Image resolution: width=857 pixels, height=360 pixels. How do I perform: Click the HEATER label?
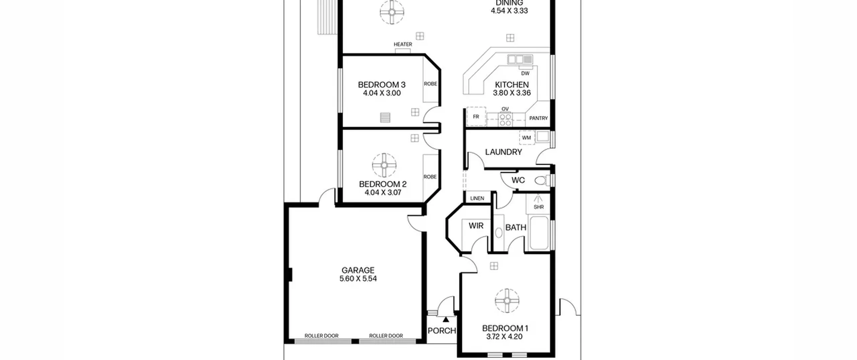pyautogui.click(x=403, y=44)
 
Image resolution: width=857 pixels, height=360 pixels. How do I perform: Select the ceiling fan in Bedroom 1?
pyautogui.click(x=507, y=301)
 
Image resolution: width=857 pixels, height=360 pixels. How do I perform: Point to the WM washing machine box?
pyautogui.click(x=527, y=138)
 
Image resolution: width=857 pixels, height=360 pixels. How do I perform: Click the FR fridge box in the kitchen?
pyautogui.click(x=476, y=117)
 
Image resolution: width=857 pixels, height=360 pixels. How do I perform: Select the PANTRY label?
pyautogui.click(x=538, y=118)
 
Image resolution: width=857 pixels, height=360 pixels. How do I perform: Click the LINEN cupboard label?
pyautogui.click(x=477, y=198)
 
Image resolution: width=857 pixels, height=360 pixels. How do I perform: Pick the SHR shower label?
pyautogui.click(x=539, y=207)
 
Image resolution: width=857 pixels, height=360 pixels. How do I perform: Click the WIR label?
pyautogui.click(x=476, y=226)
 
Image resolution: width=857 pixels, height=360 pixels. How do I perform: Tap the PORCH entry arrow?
pyautogui.click(x=446, y=319)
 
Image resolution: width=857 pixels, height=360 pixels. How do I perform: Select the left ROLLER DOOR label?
pyautogui.click(x=321, y=336)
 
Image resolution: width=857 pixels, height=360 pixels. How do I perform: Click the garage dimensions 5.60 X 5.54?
pyautogui.click(x=358, y=279)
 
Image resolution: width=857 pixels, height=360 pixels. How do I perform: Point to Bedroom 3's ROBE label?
pyautogui.click(x=431, y=84)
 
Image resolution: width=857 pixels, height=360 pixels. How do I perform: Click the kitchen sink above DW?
pyautogui.click(x=520, y=59)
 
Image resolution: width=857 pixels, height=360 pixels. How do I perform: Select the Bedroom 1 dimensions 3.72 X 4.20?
pyautogui.click(x=504, y=337)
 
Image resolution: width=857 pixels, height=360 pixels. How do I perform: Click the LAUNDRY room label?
pyautogui.click(x=503, y=152)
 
